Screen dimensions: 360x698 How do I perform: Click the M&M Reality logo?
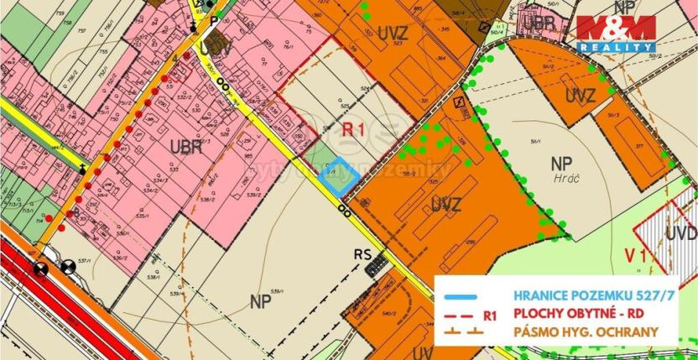615,34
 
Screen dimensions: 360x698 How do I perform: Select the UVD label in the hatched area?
680,232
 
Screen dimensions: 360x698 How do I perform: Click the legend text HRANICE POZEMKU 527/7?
580,296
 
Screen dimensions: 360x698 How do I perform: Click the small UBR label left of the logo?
544,23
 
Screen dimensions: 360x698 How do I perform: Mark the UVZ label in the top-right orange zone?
579,95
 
